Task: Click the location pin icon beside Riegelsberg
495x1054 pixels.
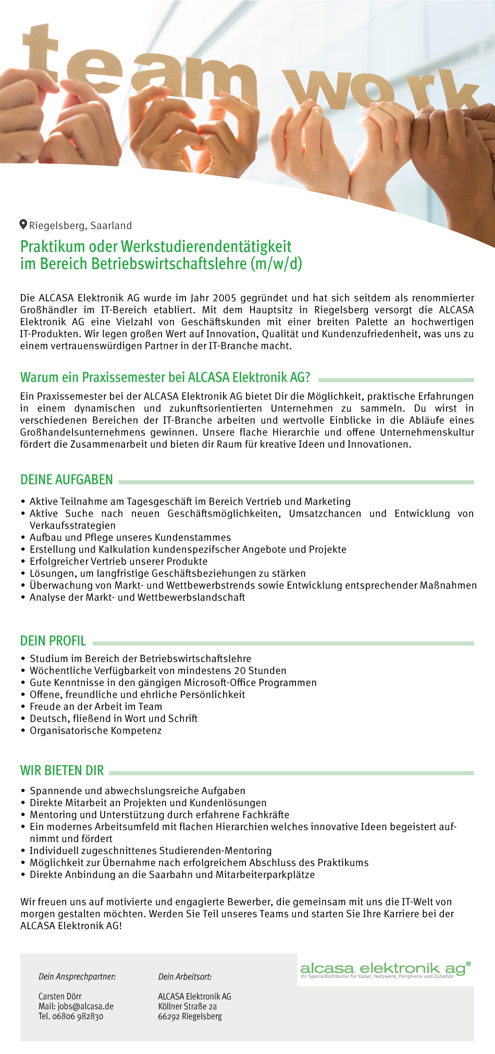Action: (x=23, y=224)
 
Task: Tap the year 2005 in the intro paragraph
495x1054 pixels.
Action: (x=224, y=298)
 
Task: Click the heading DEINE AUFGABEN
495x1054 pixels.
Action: (x=67, y=480)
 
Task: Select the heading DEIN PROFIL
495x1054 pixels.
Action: (x=53, y=641)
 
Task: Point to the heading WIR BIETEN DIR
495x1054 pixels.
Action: (x=62, y=770)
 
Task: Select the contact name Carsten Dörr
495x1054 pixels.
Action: (x=60, y=996)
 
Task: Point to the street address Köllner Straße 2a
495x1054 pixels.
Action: (x=188, y=1006)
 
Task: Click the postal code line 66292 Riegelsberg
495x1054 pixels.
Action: (x=190, y=1016)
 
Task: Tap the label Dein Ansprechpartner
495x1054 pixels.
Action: (x=77, y=976)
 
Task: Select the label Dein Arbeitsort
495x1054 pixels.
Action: (x=185, y=976)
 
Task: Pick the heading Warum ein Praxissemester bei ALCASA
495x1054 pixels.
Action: (x=165, y=377)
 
